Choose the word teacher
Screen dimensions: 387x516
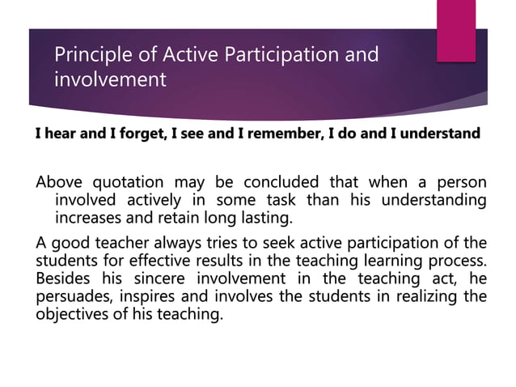tap(119, 243)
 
